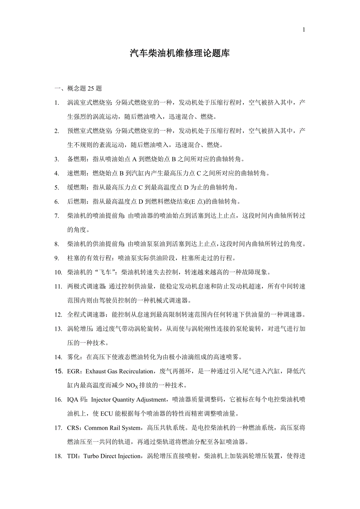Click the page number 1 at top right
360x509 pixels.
(304, 30)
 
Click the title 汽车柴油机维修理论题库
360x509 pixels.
(180, 54)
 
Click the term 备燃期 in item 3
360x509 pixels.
(76, 159)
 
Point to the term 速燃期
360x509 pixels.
(76, 173)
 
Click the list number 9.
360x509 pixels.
(57, 258)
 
